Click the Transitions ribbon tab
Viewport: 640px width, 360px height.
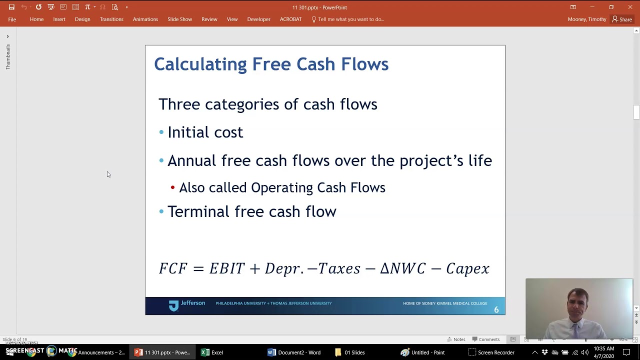point(111,19)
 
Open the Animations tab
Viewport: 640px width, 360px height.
point(145,19)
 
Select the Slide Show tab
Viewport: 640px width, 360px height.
point(179,19)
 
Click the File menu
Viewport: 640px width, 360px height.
point(12,19)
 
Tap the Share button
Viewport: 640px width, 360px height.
point(622,19)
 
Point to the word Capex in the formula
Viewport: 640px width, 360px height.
point(467,269)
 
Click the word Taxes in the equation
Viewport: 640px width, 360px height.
point(339,268)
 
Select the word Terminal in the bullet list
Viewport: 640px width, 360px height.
point(198,211)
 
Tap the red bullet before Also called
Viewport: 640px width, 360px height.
point(172,188)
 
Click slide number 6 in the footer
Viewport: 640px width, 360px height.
point(496,310)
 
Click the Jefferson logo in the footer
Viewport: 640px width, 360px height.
point(186,304)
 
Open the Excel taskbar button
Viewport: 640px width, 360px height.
point(212,352)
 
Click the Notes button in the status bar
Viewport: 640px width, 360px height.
point(456,339)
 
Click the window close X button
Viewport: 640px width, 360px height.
point(630,7)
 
